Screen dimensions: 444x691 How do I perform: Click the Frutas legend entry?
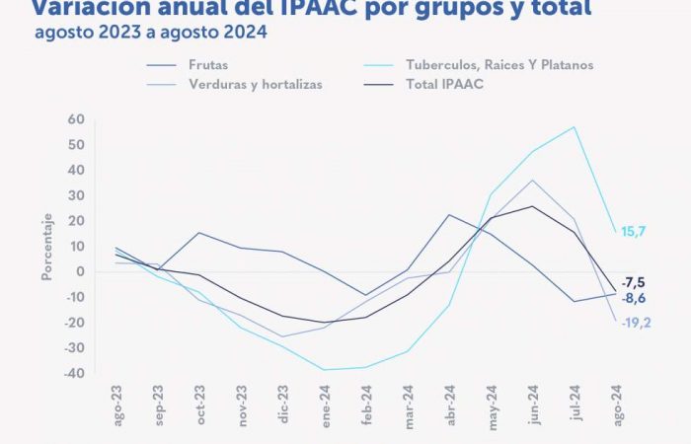(x=206, y=64)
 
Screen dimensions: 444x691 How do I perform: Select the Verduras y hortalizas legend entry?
(x=255, y=84)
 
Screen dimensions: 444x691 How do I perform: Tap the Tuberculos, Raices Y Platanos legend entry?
(x=499, y=64)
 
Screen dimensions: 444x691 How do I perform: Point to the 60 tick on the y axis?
(x=76, y=119)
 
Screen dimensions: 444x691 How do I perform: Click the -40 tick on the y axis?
(x=73, y=374)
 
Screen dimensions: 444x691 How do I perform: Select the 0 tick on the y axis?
(x=80, y=272)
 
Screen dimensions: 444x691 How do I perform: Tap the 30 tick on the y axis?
(x=76, y=195)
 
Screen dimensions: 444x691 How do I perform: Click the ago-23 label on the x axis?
(x=117, y=405)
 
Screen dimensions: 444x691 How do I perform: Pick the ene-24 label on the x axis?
(x=326, y=405)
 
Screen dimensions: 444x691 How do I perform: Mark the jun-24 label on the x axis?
(x=534, y=405)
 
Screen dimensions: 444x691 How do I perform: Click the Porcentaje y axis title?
(x=45, y=244)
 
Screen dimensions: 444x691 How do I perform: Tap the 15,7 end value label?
(x=633, y=231)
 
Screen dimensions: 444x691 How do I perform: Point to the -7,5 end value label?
(x=634, y=281)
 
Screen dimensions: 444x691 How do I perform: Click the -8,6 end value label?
(x=634, y=297)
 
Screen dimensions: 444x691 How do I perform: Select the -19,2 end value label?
(x=636, y=322)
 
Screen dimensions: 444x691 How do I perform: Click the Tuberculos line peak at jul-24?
(x=575, y=126)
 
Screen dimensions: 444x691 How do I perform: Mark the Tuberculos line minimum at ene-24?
(x=325, y=370)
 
